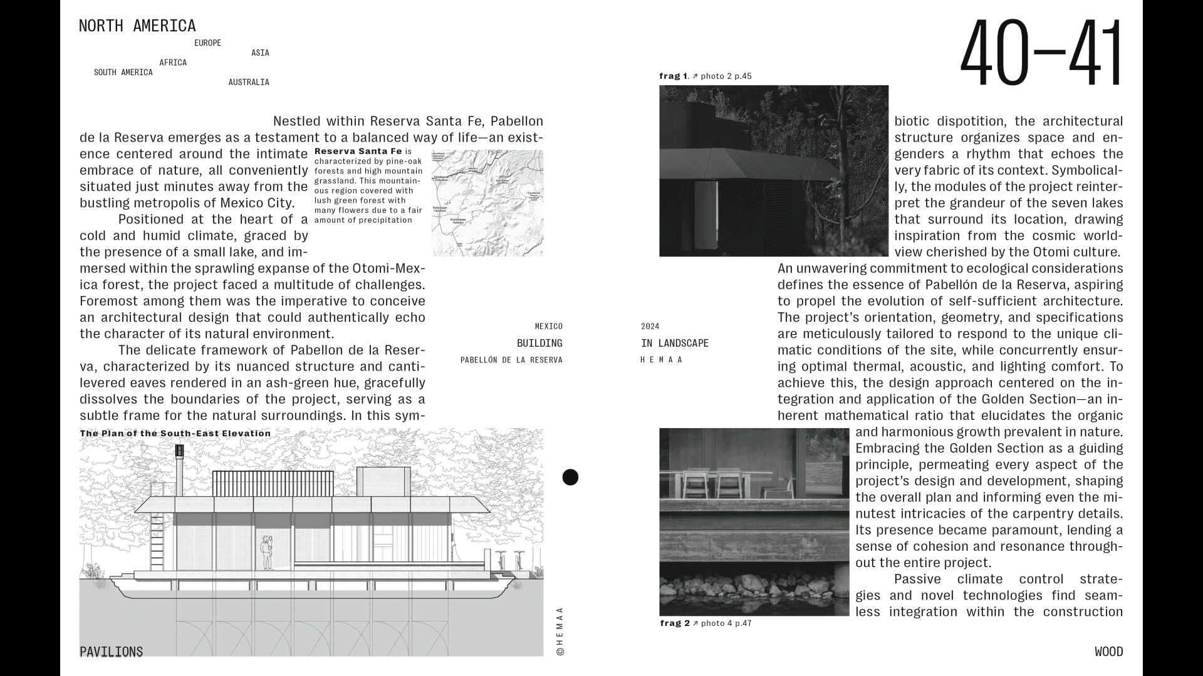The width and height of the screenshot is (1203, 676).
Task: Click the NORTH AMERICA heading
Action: coord(137,26)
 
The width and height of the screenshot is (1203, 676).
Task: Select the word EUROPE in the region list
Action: coord(207,43)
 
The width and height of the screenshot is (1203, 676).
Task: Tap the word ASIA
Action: coord(260,53)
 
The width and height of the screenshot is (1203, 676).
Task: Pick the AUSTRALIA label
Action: coord(249,83)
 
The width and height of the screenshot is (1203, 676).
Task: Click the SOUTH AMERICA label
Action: coord(123,73)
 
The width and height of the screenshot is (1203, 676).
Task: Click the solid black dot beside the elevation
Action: coord(570,478)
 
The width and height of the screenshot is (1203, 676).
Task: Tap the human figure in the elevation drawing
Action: coord(267,551)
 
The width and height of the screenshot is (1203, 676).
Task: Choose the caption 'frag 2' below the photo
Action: coord(675,623)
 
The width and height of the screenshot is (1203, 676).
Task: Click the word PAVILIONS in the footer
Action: coord(112,652)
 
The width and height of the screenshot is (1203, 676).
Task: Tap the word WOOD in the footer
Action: coord(1108,652)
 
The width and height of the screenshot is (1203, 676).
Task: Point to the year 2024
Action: coord(650,327)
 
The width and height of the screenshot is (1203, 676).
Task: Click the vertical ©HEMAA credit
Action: coord(560,631)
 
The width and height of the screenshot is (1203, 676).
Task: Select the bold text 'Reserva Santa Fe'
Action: coord(358,151)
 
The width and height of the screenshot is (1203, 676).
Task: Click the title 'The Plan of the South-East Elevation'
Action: coord(175,433)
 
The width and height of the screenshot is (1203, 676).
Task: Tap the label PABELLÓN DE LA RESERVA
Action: coord(511,361)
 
